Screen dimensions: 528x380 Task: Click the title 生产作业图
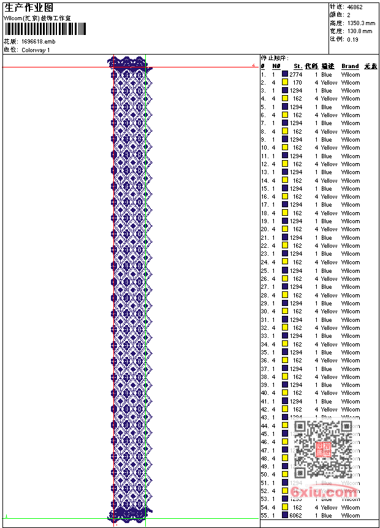(29, 7)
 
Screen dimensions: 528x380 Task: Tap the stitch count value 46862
(355, 7)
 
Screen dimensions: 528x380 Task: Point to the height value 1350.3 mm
(360, 23)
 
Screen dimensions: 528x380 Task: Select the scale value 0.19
(352, 39)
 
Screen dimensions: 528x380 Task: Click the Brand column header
(350, 66)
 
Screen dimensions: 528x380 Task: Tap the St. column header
(297, 66)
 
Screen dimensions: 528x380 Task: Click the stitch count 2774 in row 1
(295, 74)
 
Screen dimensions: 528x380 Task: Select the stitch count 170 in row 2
(297, 82)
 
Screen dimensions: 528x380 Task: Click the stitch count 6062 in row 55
(295, 516)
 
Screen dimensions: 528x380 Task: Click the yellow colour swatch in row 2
(285, 82)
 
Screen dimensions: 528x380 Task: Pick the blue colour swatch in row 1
(285, 74)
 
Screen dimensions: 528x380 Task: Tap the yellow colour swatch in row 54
(285, 508)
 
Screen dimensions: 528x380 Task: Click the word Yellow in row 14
(329, 180)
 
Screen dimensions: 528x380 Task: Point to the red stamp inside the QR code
(323, 450)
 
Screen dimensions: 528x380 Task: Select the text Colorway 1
(36, 50)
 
